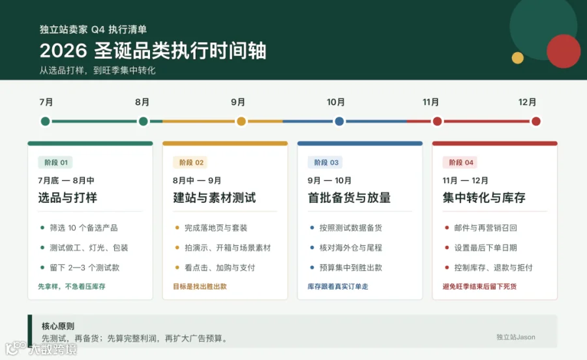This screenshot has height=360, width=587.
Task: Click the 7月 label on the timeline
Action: pos(46,102)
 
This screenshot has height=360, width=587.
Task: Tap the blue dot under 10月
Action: pos(339,121)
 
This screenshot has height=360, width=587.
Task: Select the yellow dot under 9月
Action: pos(241,121)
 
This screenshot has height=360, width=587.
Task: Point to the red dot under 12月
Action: pos(535,121)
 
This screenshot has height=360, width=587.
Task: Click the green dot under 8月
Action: pos(143,121)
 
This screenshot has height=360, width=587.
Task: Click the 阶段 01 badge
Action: pos(56,162)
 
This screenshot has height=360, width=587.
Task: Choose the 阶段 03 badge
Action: pos(325,162)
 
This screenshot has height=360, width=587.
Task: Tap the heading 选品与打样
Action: pos(67,198)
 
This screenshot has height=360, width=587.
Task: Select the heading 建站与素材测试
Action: pos(215,198)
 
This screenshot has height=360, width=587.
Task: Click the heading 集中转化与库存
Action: pos(484,198)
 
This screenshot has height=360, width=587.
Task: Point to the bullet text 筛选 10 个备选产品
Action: pos(83,228)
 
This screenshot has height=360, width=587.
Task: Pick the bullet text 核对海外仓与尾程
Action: pos(350,248)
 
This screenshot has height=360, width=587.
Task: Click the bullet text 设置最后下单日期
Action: pos(485,248)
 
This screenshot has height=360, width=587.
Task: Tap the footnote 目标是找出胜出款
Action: pos(200,287)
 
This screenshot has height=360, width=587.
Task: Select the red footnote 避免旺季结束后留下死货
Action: pos(479,287)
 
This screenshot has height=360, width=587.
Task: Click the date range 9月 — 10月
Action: pos(329,181)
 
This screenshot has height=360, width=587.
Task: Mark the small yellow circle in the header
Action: pos(518,57)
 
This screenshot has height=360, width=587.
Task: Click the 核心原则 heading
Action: pos(58,326)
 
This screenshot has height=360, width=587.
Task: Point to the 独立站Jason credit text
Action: pos(516,337)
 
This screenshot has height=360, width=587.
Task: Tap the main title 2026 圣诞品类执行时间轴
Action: pos(153,50)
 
